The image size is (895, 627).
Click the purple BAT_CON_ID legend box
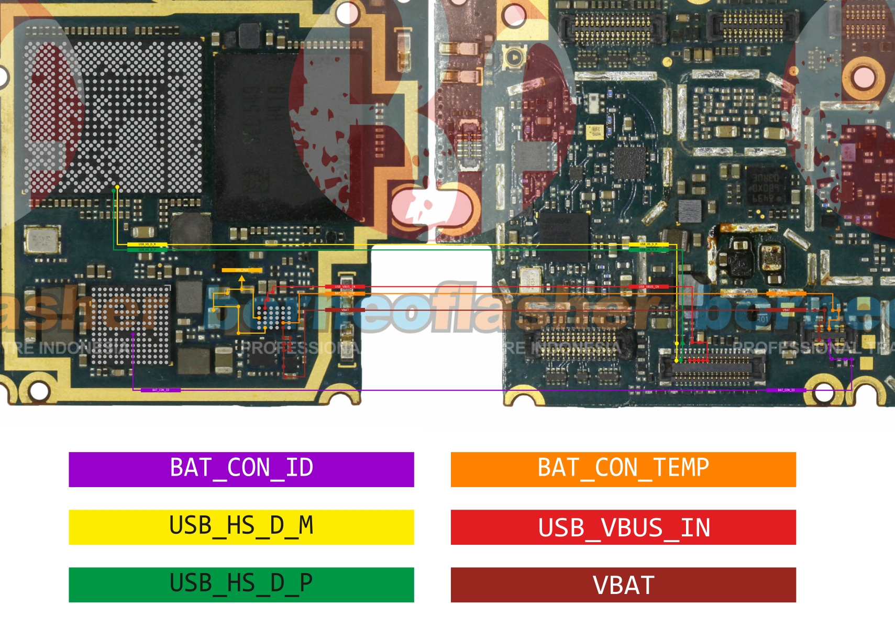(x=241, y=469)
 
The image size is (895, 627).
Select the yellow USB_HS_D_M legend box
(x=241, y=527)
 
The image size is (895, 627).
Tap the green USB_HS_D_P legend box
(x=241, y=585)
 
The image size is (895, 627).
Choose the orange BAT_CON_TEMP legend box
(x=623, y=469)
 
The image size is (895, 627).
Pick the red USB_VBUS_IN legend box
(x=623, y=527)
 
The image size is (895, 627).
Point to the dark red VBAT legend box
(x=623, y=585)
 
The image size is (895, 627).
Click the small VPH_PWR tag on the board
(x=241, y=270)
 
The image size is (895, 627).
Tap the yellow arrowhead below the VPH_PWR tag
(x=241, y=280)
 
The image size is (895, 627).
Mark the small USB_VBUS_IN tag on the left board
(x=345, y=287)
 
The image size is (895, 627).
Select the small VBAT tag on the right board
(x=786, y=310)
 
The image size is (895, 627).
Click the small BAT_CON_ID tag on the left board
(x=161, y=390)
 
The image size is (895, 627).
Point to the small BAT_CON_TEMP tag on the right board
(x=786, y=293)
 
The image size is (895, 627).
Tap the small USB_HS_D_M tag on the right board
(x=648, y=244)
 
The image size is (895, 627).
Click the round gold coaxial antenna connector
(x=515, y=57)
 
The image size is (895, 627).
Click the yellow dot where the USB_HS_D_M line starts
(x=117, y=187)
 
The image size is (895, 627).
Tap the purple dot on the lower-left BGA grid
(x=133, y=334)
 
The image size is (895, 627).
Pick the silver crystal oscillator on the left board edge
(x=41, y=240)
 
